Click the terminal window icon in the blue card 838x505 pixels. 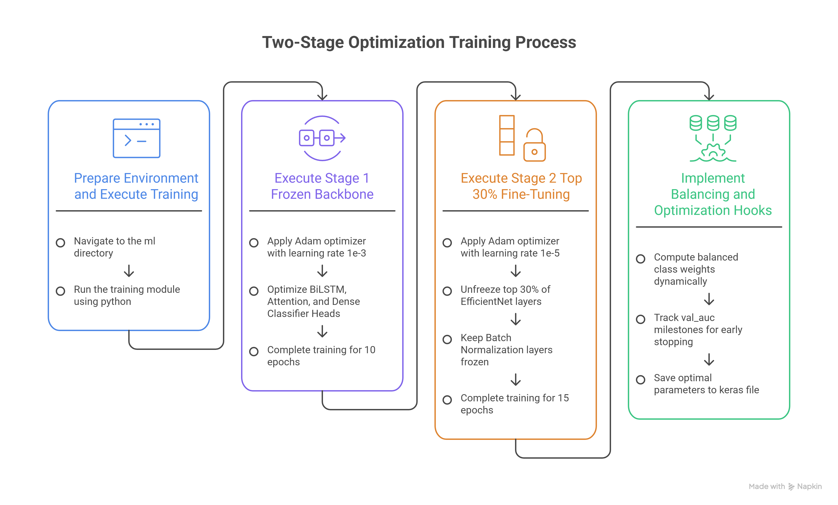pos(136,138)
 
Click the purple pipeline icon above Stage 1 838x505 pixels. pos(322,138)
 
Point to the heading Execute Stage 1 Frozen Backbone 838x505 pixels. pos(322,186)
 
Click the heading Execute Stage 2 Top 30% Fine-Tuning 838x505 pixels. pos(521,186)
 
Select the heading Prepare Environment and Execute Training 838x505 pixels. pos(136,186)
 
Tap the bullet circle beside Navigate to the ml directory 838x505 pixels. pos(60,243)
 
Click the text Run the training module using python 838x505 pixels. pos(127,295)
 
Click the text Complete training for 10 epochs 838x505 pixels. pos(321,356)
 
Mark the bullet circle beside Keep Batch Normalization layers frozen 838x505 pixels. pos(447,339)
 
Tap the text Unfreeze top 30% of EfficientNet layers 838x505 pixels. pos(505,295)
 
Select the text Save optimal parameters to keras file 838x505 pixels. pos(706,384)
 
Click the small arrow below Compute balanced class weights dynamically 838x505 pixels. pos(709,299)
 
